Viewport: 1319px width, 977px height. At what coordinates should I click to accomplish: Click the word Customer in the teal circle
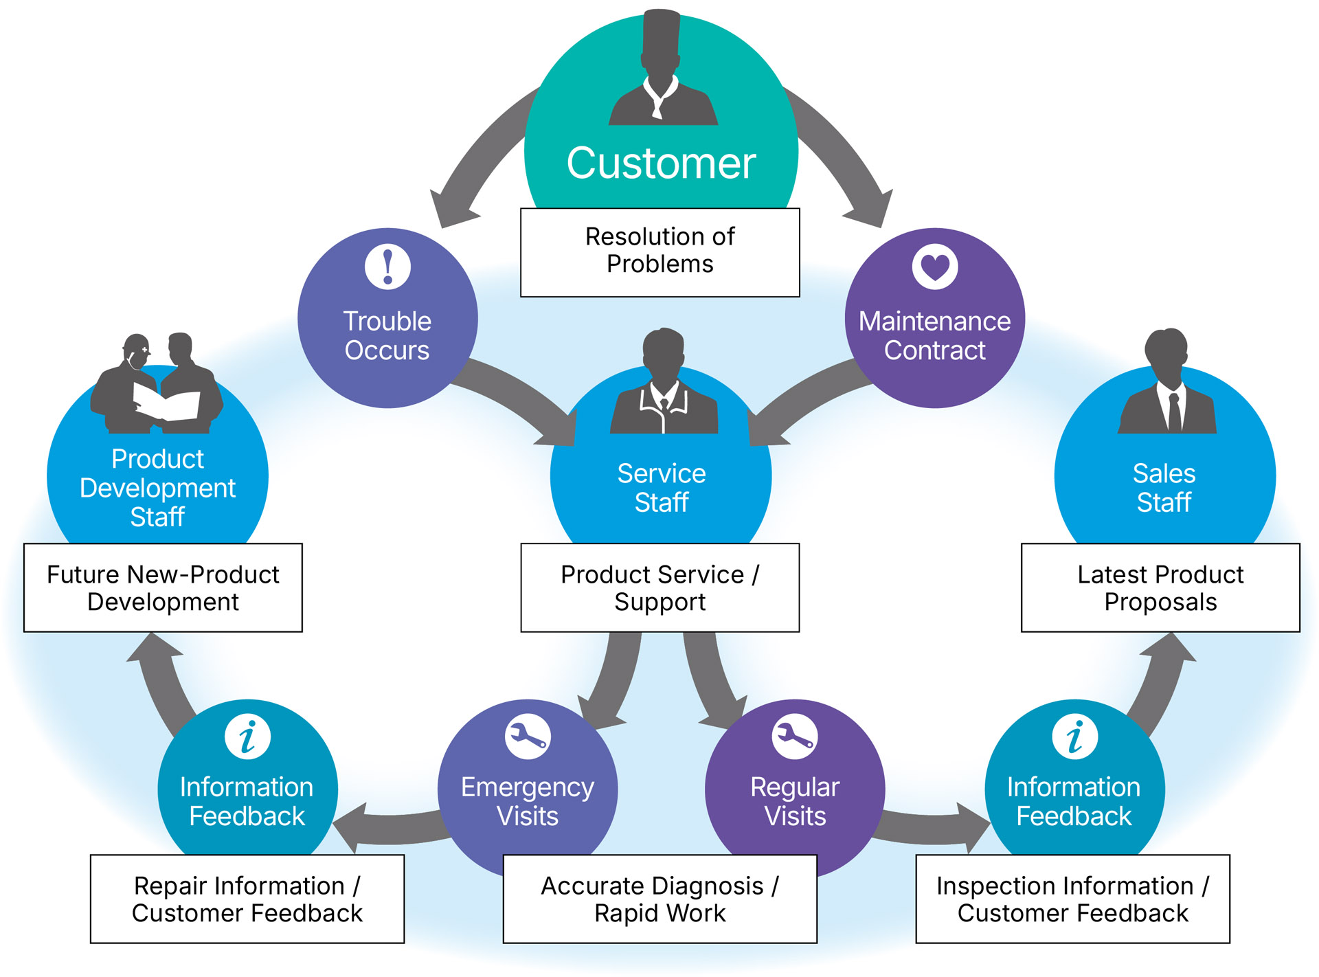click(661, 164)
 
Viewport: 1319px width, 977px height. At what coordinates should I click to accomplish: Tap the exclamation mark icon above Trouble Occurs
click(388, 266)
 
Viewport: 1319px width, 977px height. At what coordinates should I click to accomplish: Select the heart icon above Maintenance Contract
click(935, 266)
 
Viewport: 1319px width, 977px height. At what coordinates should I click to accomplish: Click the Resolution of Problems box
click(660, 251)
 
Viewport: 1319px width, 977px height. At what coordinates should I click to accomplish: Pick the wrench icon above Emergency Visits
click(528, 737)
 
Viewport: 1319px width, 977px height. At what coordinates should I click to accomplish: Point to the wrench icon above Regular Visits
click(795, 737)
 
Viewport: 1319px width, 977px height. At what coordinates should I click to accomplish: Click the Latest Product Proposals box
click(1160, 587)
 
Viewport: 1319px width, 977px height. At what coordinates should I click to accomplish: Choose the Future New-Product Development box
click(163, 587)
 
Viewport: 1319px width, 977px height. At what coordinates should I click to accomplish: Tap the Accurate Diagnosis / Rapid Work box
click(660, 899)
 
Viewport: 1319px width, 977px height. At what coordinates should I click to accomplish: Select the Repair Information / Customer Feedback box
click(247, 899)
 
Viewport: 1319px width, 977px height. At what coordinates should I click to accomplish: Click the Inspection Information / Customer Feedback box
click(1072, 899)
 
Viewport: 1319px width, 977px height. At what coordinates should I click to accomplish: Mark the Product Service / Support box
click(660, 587)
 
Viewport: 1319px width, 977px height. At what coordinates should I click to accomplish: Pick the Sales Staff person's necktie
click(1175, 412)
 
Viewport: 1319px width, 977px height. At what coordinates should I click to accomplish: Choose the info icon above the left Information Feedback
click(247, 737)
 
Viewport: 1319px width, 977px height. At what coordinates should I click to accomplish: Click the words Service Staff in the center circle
click(661, 488)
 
